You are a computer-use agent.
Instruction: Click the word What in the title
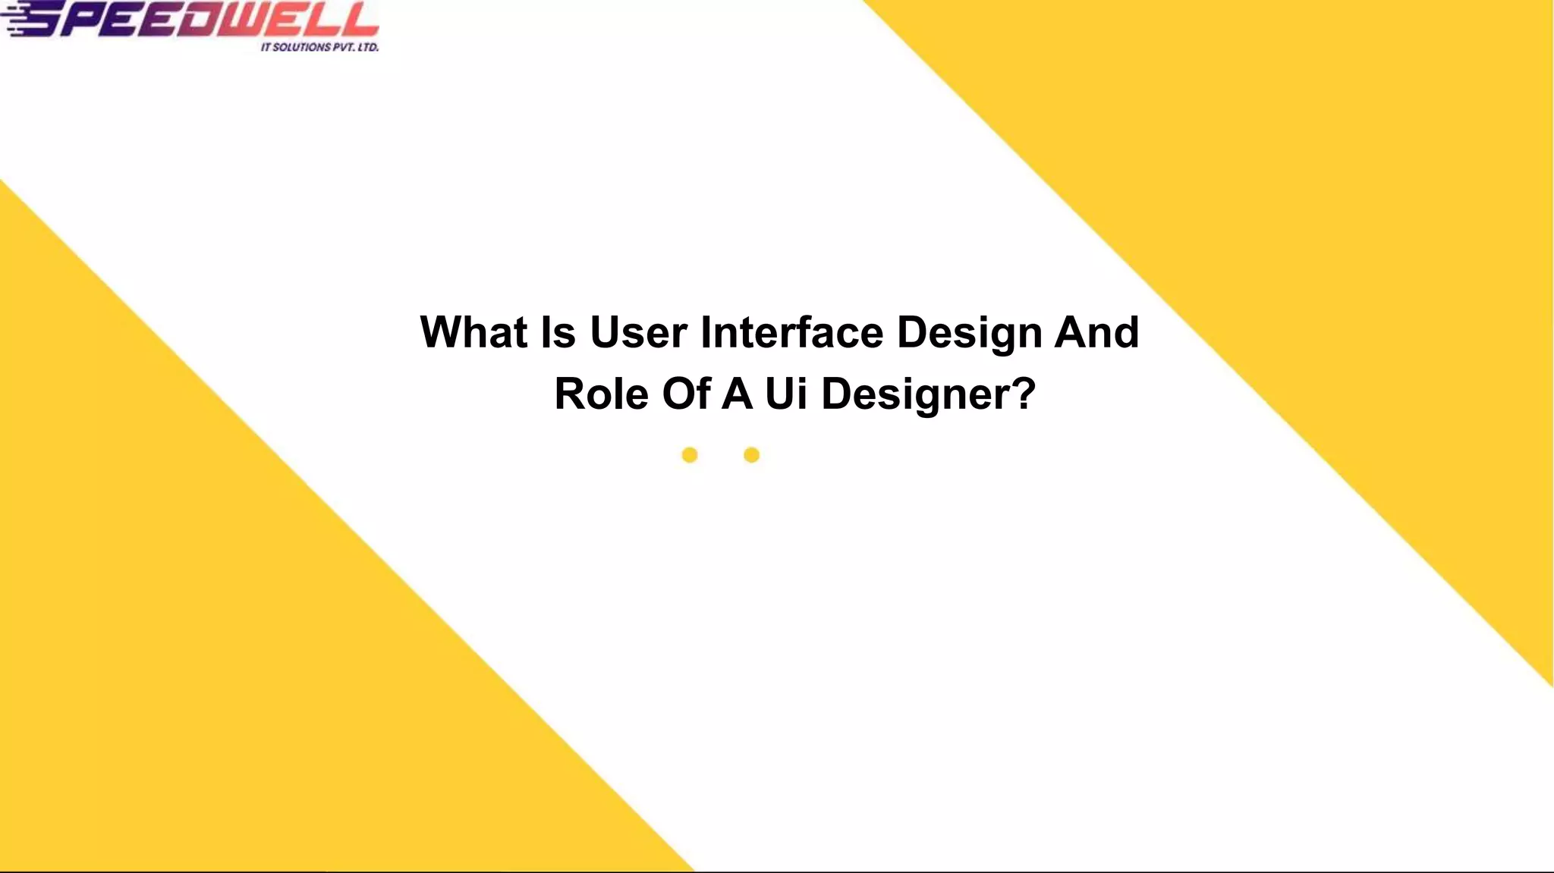coord(474,332)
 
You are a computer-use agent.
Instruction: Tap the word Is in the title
coord(558,332)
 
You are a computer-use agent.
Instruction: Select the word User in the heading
coord(638,332)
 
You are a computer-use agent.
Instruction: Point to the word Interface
coord(791,332)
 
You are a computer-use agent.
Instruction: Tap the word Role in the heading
coord(601,394)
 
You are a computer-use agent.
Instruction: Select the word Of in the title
coord(686,394)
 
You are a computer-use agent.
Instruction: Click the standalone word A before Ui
coord(737,394)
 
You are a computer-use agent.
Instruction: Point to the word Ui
coord(786,394)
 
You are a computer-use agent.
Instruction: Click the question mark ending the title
coord(1024,394)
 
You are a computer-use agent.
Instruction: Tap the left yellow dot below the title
coord(689,455)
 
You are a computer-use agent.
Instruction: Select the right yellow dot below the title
coord(751,455)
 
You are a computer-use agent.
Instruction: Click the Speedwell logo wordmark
coord(197,18)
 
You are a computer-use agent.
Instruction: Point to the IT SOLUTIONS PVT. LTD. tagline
coord(319,47)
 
